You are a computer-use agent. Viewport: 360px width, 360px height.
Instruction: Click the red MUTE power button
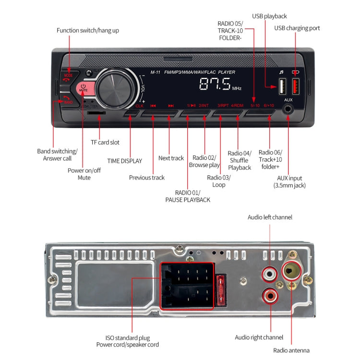click(83, 89)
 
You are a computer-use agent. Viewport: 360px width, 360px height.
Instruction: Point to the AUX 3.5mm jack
click(288, 109)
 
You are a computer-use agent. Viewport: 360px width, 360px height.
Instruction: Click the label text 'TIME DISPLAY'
click(124, 161)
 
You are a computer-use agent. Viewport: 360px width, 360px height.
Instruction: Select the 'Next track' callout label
click(171, 158)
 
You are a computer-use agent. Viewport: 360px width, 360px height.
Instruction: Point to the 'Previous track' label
click(146, 178)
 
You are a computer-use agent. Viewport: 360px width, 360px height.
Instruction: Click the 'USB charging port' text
click(297, 28)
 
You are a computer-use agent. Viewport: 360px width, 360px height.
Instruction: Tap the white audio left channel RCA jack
click(269, 275)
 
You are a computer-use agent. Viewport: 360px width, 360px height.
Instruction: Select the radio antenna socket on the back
click(291, 272)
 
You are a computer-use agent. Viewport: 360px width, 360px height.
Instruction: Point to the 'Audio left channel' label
click(269, 217)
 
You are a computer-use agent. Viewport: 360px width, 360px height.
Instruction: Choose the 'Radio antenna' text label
click(292, 350)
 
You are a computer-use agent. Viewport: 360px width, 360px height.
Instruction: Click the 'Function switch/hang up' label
click(87, 31)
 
